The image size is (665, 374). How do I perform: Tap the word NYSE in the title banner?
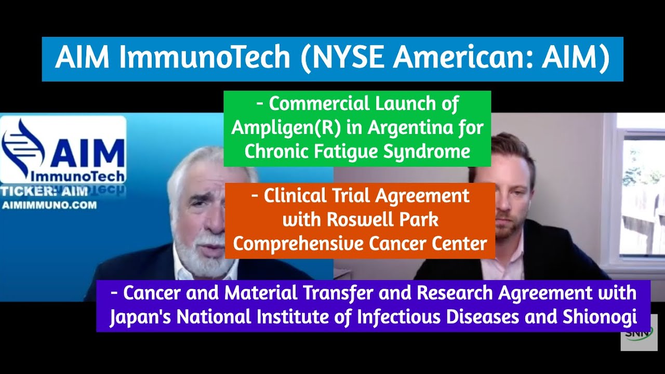343,58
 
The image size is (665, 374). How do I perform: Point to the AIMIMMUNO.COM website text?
49,205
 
